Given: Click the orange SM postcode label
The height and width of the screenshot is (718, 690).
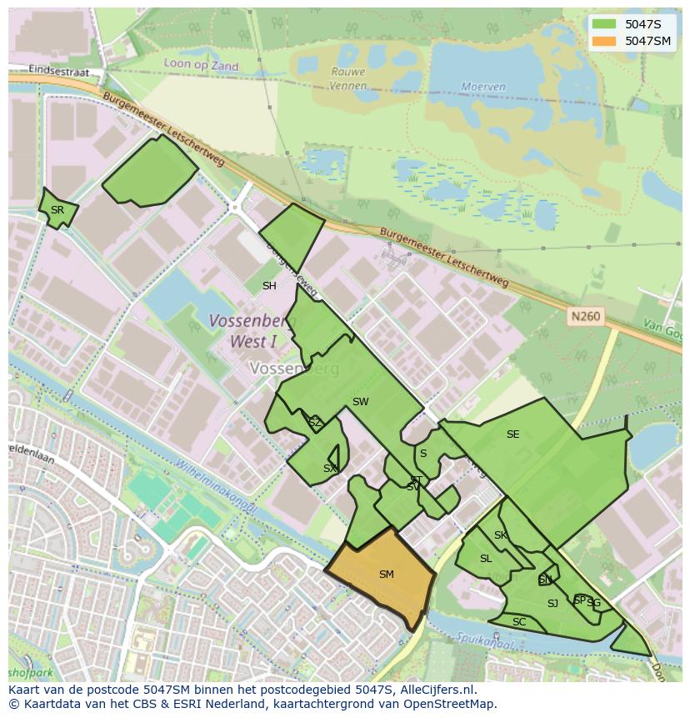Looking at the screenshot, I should click(x=386, y=575).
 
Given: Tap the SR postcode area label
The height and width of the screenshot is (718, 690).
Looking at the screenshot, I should click(x=57, y=210).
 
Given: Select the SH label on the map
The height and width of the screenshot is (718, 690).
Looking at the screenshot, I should click(x=269, y=286).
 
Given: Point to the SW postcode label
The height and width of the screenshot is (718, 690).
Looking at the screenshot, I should click(x=360, y=402).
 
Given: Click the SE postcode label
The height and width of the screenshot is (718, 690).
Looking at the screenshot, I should click(x=512, y=434).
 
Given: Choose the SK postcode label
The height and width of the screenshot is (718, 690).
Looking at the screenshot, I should click(x=500, y=535).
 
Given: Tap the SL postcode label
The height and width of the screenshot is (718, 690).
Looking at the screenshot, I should click(x=486, y=559).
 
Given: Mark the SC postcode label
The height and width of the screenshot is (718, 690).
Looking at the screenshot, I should click(x=519, y=622).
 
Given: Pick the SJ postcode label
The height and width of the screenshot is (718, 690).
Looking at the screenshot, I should click(x=552, y=604).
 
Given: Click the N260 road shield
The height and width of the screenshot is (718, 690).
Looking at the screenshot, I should click(x=584, y=317).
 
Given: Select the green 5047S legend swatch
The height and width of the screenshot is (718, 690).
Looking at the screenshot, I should click(x=605, y=24).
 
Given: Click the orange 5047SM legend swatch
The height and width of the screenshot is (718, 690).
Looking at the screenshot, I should click(x=605, y=41).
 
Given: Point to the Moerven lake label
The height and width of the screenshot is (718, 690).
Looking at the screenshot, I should click(x=483, y=87).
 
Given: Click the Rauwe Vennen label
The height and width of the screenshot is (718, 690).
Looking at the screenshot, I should click(x=348, y=78).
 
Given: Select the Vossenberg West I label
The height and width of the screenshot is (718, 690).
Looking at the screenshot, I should click(x=247, y=331).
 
